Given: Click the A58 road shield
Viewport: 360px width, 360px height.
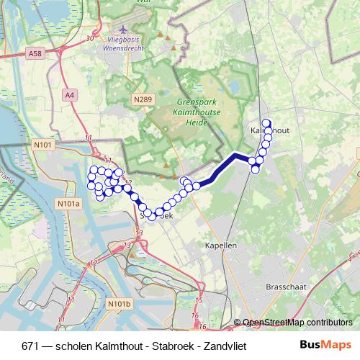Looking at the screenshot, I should coord(35,53).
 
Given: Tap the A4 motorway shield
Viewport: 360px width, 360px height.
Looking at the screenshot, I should coord(69,94).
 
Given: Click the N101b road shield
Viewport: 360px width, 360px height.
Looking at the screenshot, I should coord(120,305).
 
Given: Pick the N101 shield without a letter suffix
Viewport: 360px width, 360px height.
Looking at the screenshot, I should coord(43,145).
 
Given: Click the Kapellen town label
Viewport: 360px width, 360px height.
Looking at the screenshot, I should coord(220,245).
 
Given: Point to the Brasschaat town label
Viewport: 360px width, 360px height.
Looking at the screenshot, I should coord(287,286).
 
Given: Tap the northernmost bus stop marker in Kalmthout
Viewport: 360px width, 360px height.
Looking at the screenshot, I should coord(266,123).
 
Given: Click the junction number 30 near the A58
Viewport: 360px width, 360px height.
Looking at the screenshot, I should coord(89,38).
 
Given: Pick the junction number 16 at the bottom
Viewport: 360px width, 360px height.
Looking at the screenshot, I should coord(194,315).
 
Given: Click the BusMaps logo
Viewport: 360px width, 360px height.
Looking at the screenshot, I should coord(325,344).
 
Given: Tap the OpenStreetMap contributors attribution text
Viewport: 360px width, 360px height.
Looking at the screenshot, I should coord(297,323).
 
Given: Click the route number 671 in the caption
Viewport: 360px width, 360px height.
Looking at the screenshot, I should coord(30,345).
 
